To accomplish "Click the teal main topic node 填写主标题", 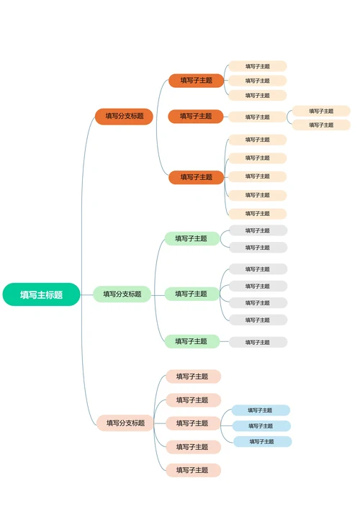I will click(41, 294).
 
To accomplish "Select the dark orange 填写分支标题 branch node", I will click(124, 116).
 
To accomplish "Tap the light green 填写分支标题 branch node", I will click(122, 294).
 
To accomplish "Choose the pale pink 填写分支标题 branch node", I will click(125, 423).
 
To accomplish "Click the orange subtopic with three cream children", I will click(196, 81).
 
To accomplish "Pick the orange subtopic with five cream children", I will click(196, 177).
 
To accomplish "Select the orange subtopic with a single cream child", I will click(196, 116).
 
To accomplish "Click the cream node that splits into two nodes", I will click(257, 117).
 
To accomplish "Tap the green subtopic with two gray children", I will click(192, 238).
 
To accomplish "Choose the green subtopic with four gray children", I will click(192, 294).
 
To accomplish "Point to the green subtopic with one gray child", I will click(192, 341).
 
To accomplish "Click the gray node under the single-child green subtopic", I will click(258, 342).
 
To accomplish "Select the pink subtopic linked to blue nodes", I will click(193, 423).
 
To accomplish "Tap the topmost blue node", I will click(261, 410).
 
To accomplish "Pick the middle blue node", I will click(261, 425).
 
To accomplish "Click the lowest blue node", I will click(262, 441).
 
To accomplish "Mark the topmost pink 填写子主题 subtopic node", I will click(193, 377).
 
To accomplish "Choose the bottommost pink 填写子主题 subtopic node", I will click(193, 470).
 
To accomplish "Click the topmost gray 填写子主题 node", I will click(258, 230).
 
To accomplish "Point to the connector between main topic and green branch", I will click(86, 294).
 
